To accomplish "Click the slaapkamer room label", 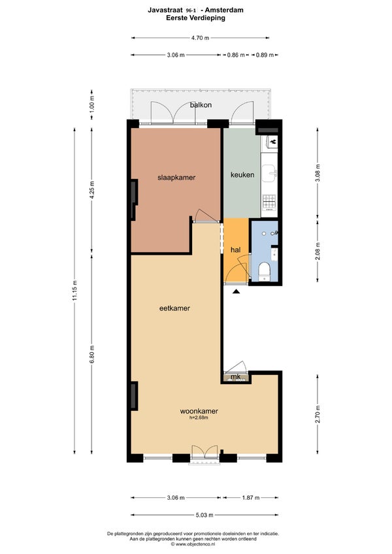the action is pyautogui.click(x=176, y=178).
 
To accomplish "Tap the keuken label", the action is pyautogui.click(x=242, y=174).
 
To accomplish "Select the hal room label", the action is pyautogui.click(x=235, y=250).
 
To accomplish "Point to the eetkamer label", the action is pyautogui.click(x=174, y=308).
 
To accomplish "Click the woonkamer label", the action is pyautogui.click(x=199, y=412).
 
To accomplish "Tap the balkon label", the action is pyautogui.click(x=201, y=105).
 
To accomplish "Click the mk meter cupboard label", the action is pyautogui.click(x=235, y=377).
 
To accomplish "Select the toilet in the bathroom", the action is pyautogui.click(x=265, y=272).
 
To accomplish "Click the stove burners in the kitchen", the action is pyautogui.click(x=269, y=202).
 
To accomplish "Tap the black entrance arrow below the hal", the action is pyautogui.click(x=236, y=291).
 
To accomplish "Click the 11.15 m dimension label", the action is pyautogui.click(x=74, y=291).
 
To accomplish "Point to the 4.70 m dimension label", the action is pyautogui.click(x=200, y=38).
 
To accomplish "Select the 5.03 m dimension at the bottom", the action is pyautogui.click(x=204, y=515).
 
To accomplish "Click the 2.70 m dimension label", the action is pyautogui.click(x=318, y=414).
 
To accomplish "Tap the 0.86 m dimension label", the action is pyautogui.click(x=236, y=55).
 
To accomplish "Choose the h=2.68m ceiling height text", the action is pyautogui.click(x=199, y=417).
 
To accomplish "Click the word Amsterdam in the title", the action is pyautogui.click(x=224, y=10).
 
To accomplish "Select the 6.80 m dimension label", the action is pyautogui.click(x=92, y=354).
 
